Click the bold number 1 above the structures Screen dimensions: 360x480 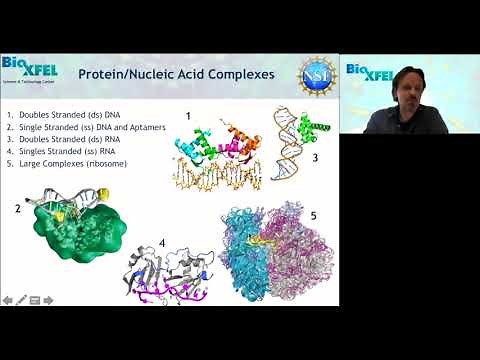click(x=187, y=117)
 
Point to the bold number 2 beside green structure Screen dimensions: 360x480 click(x=17, y=209)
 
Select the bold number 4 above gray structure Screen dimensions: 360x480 click(x=164, y=241)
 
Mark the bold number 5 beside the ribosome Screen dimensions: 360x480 click(x=313, y=214)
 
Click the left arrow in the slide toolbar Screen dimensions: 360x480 click(x=8, y=299)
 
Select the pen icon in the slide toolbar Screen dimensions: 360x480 click(x=21, y=299)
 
